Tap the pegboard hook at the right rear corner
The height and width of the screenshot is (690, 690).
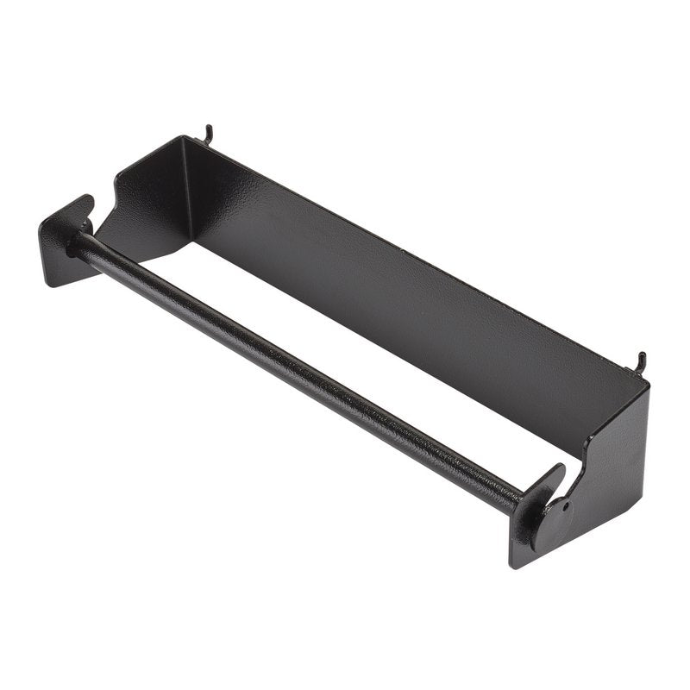pyautogui.click(x=641, y=361)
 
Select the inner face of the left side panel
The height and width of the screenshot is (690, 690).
pyautogui.click(x=151, y=207)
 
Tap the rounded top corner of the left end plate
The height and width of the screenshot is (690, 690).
pyautogui.click(x=86, y=200)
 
